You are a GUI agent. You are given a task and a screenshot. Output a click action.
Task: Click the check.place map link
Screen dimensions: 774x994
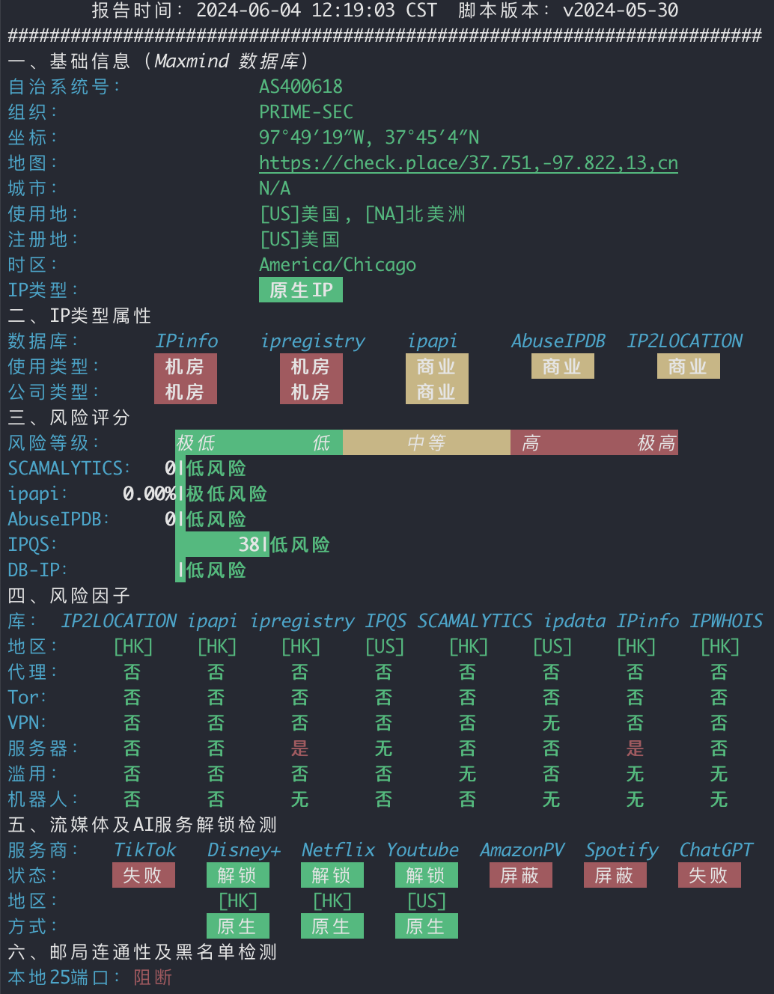coord(469,163)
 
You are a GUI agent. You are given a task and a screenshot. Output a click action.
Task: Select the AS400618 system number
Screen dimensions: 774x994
coord(301,87)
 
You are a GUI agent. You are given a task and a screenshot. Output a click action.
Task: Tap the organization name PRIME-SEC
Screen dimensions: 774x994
coord(306,112)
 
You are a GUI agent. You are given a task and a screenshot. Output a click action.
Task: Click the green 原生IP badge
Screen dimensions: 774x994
coord(301,290)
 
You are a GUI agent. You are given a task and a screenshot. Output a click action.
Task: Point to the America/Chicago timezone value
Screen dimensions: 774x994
coord(338,265)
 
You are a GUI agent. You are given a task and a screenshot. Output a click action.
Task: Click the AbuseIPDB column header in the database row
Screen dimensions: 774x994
coord(558,341)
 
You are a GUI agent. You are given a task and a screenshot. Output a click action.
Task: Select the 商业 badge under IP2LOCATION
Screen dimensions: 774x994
coord(689,367)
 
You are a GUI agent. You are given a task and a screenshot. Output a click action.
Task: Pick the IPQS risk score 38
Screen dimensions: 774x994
coord(249,544)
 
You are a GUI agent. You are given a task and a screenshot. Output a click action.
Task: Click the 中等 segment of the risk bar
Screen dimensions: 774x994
coord(427,442)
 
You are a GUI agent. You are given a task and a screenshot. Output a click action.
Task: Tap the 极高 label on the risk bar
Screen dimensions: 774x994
coord(657,443)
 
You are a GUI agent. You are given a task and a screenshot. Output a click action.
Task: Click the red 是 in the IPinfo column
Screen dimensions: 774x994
coord(636,748)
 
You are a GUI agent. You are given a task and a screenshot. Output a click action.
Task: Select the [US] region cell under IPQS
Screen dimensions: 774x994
coord(385,647)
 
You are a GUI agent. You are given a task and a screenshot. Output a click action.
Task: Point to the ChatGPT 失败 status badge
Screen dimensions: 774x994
coord(709,875)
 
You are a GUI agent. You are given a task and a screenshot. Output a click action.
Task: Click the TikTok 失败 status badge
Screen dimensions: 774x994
coord(144,875)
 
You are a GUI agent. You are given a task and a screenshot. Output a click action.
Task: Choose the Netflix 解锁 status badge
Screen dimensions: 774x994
coord(332,875)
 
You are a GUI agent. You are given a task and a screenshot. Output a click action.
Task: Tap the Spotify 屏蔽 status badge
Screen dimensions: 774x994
coord(615,875)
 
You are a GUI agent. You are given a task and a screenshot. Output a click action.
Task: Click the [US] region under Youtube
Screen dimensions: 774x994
coord(427,901)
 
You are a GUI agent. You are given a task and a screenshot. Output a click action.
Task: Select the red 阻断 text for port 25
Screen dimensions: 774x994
coord(153,978)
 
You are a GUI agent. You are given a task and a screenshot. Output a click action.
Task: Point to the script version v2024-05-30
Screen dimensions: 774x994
coord(621,10)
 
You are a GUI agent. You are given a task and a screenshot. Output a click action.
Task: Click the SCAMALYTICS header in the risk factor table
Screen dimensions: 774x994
coord(475,621)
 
